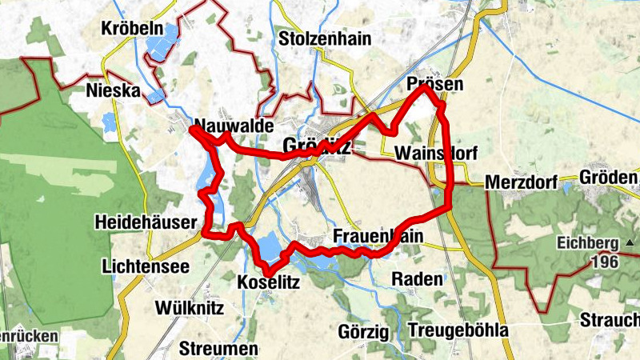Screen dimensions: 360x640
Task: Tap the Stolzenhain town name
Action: (x=318, y=38)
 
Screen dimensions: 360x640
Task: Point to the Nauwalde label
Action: (x=234, y=126)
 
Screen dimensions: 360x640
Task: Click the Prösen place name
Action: (x=434, y=84)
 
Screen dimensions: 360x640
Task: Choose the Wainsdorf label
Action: (x=430, y=153)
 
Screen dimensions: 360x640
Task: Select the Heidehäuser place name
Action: (x=144, y=221)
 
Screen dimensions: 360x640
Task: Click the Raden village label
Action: (x=417, y=279)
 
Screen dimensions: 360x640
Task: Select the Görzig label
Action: (x=363, y=331)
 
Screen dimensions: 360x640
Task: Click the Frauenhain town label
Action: (x=378, y=237)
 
